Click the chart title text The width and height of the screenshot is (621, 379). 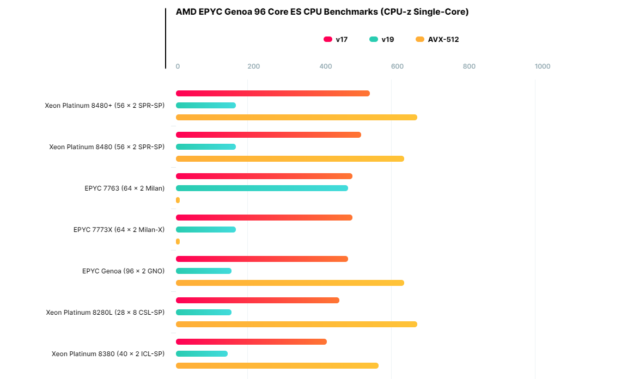(322, 12)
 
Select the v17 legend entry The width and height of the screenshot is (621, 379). (336, 39)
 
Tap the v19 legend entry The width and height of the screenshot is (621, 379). (382, 39)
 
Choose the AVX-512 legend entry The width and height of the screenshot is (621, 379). (437, 39)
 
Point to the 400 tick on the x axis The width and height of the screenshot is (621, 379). (325, 66)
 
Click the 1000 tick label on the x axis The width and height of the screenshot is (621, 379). (543, 66)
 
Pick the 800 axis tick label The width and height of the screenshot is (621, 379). (469, 66)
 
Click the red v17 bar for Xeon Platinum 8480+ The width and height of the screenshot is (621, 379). (272, 93)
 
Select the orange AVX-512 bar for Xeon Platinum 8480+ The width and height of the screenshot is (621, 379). (296, 117)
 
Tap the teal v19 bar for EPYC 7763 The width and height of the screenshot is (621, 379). (261, 188)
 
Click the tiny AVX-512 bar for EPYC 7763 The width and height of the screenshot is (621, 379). (178, 200)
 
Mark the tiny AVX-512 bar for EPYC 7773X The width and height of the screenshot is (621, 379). (178, 241)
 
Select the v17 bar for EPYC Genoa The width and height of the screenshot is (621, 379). (261, 259)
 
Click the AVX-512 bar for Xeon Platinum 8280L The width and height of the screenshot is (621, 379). (296, 324)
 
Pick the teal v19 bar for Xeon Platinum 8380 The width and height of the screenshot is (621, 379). (202, 353)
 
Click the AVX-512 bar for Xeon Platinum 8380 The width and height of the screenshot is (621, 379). (277, 365)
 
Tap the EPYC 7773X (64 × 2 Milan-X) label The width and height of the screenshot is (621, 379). (119, 230)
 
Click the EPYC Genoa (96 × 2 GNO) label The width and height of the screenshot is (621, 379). (123, 271)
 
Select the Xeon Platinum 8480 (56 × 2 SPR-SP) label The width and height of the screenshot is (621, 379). (107, 147)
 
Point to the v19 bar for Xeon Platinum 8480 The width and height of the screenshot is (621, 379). (206, 146)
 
